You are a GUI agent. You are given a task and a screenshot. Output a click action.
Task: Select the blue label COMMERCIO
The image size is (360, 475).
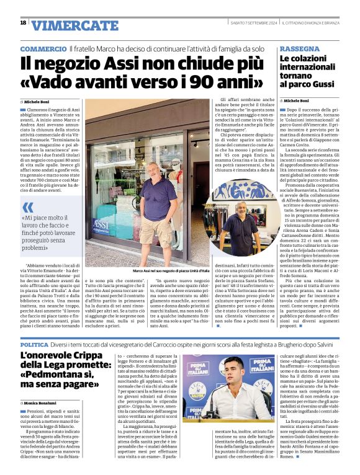coord(43,49)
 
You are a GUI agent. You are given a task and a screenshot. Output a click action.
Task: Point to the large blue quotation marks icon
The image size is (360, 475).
coord(28,207)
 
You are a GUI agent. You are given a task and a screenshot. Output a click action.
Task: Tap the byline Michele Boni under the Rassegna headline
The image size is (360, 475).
coord(297,100)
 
